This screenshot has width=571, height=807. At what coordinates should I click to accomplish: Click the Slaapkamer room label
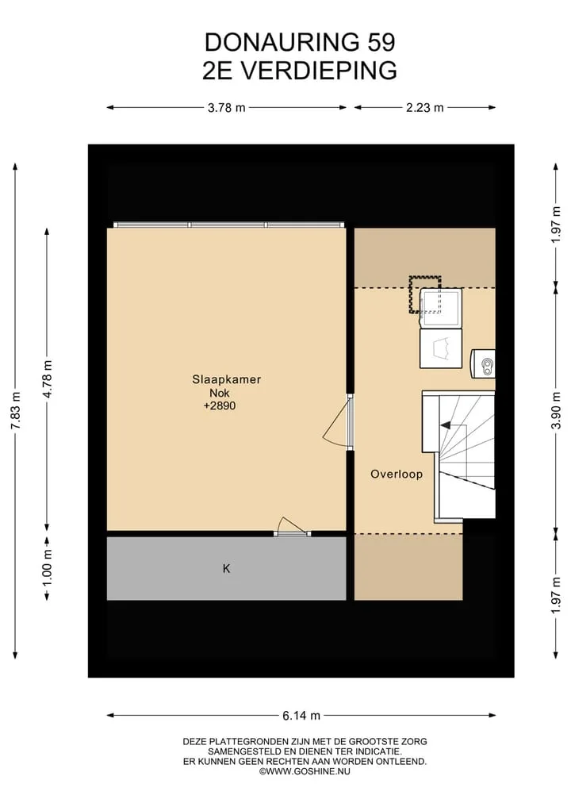tap(226, 380)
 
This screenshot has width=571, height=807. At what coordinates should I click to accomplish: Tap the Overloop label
tap(397, 474)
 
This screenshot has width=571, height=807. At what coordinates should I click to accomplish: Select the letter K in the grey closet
tap(226, 568)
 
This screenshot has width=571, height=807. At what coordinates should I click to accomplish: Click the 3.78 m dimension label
tap(226, 108)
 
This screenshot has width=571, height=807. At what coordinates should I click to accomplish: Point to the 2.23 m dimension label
tap(424, 108)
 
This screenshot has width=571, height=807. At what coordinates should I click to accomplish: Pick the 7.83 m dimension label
tap(15, 411)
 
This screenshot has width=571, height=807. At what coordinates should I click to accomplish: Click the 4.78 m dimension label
tap(47, 379)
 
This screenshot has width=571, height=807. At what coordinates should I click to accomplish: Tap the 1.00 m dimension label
tap(47, 567)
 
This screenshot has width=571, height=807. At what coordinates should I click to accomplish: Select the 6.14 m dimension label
tap(301, 716)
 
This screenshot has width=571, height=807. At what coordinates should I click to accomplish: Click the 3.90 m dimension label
tap(556, 411)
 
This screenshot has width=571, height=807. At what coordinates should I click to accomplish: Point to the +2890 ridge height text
tap(220, 405)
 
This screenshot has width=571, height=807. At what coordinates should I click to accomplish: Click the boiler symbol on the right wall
tap(483, 364)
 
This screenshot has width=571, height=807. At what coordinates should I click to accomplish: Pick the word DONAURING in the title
tap(282, 42)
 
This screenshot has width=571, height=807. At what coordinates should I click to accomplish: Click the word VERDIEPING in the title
tap(320, 71)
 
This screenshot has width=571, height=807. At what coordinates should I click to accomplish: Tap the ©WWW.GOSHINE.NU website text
tap(305, 771)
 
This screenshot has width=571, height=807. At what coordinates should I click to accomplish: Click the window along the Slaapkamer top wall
tap(229, 225)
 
